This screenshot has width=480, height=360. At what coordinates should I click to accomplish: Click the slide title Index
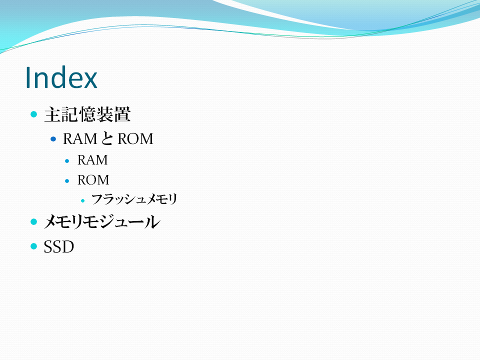(61, 77)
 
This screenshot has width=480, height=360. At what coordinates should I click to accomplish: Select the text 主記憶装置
(87, 114)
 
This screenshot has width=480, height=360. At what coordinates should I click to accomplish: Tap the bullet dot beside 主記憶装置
(33, 114)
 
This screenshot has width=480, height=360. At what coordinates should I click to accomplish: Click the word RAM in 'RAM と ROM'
(80, 139)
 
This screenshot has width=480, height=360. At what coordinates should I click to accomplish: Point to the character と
(107, 138)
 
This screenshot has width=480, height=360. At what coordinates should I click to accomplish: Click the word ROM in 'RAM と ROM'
(135, 139)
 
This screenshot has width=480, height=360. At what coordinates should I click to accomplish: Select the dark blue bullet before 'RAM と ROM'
(53, 139)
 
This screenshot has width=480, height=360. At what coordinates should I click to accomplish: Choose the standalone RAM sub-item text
(92, 160)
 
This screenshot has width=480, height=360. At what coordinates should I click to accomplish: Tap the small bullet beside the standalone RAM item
(67, 161)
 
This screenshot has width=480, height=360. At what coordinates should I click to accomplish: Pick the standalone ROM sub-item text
(93, 180)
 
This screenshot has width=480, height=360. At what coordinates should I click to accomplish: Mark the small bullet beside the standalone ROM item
(67, 181)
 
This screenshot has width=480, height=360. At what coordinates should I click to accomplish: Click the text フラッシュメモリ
(134, 199)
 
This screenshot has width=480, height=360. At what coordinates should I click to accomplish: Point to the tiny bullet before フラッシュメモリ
(82, 201)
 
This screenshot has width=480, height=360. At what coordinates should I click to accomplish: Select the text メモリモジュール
(102, 221)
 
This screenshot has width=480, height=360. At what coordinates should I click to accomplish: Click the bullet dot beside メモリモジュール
(33, 221)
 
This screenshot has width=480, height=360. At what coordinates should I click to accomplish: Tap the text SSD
(59, 246)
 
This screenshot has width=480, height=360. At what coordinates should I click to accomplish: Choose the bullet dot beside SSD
(33, 246)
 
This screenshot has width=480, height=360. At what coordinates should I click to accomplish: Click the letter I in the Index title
(28, 78)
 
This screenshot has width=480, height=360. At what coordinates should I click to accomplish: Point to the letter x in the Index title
(89, 80)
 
